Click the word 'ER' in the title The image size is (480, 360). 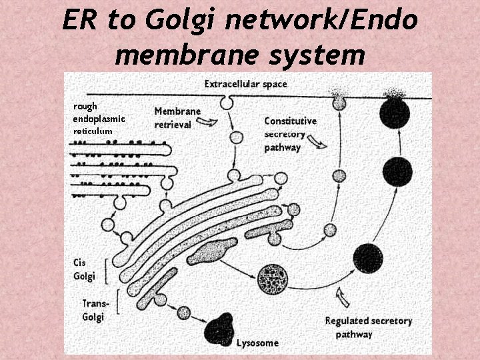[x=81, y=20]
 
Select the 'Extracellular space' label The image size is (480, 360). [x=245, y=84]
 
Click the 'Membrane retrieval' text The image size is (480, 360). [x=177, y=117]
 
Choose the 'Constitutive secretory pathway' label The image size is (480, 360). [x=290, y=134]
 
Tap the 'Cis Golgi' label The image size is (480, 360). [x=85, y=269]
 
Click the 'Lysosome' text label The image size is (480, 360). [x=257, y=343]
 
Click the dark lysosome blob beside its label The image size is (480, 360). [x=219, y=328]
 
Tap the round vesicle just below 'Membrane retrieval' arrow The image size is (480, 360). [x=235, y=139]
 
